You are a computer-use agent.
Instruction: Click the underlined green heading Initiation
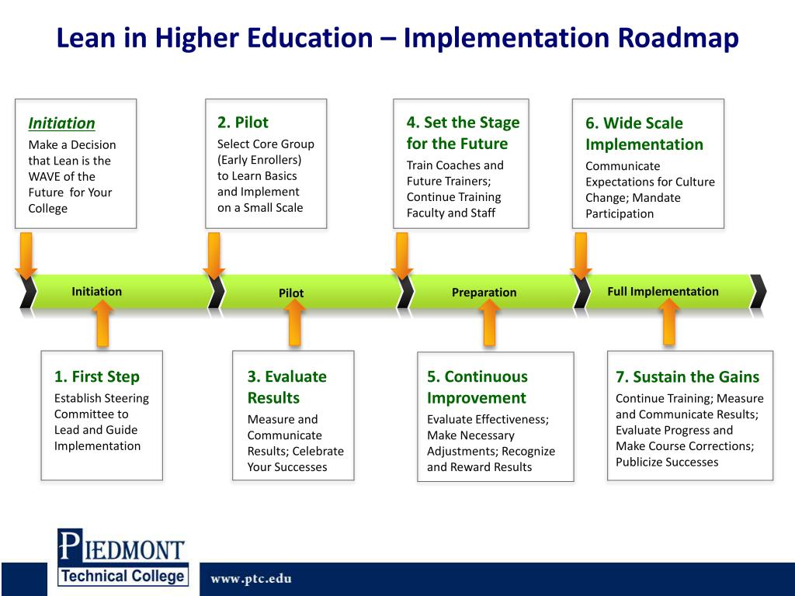click(x=61, y=123)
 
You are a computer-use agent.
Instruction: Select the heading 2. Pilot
click(x=242, y=122)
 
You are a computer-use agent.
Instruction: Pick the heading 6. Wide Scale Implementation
click(x=644, y=133)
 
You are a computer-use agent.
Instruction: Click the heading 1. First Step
click(x=96, y=376)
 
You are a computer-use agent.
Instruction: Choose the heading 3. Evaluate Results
click(x=286, y=387)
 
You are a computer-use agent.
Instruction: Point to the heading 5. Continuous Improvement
click(x=477, y=387)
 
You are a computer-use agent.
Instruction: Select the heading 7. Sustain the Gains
click(x=687, y=377)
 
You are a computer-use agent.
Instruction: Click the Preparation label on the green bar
click(x=484, y=293)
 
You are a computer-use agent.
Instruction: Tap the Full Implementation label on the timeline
click(x=662, y=292)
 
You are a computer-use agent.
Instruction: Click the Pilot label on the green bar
click(x=291, y=293)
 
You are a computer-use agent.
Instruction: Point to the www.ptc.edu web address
click(x=251, y=579)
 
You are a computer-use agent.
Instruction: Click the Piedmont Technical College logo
click(x=123, y=556)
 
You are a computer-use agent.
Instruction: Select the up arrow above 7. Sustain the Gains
click(x=669, y=322)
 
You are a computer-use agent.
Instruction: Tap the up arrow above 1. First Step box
click(x=102, y=323)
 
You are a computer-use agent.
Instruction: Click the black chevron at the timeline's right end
click(x=759, y=292)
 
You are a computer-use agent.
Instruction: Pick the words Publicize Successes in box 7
click(x=667, y=463)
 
